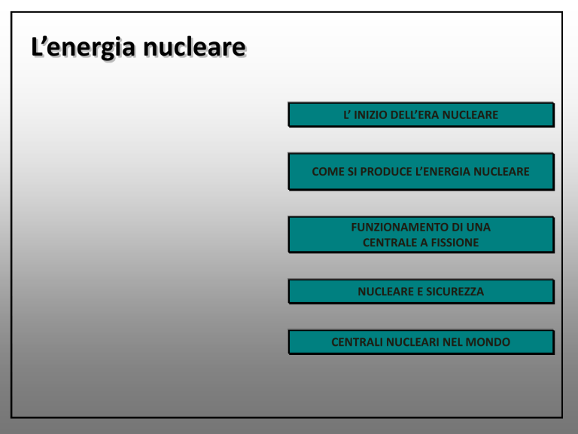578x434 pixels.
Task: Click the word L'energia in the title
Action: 84,47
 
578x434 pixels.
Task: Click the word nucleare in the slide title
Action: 194,47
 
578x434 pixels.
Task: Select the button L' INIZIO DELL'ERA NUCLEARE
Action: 421,115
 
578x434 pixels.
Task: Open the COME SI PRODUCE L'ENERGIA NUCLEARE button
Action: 421,172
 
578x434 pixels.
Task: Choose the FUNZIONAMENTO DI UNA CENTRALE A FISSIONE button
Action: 421,235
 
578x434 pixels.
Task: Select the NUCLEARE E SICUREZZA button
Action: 421,292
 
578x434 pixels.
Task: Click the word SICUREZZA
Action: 455,292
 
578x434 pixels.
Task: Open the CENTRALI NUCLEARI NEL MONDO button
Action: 421,342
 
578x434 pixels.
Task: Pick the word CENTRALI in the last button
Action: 357,342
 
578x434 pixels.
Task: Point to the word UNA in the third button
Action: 479,227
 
